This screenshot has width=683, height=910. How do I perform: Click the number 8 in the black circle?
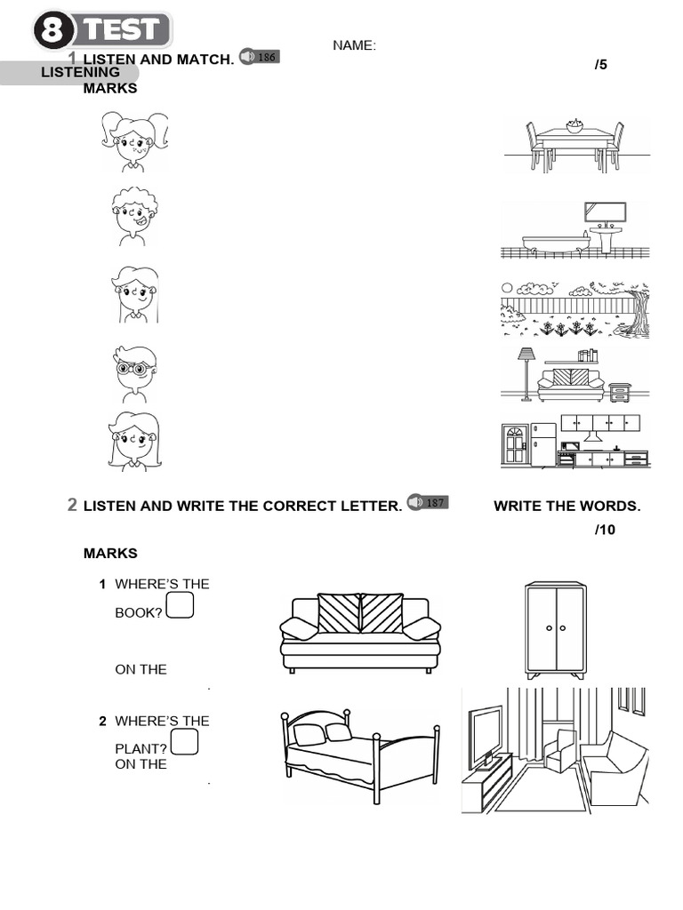point(56,31)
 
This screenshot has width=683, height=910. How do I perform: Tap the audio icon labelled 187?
point(427,503)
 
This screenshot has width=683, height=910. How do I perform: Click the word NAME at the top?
point(354,45)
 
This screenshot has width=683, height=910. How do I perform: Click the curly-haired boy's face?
point(134,217)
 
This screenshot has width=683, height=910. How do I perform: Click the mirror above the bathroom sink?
point(605,212)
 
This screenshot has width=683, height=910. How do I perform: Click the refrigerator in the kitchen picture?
point(542,443)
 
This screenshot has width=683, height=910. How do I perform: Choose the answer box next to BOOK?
point(180,605)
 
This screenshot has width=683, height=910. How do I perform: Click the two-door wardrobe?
point(555,629)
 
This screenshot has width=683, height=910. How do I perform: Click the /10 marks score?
point(604,531)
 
